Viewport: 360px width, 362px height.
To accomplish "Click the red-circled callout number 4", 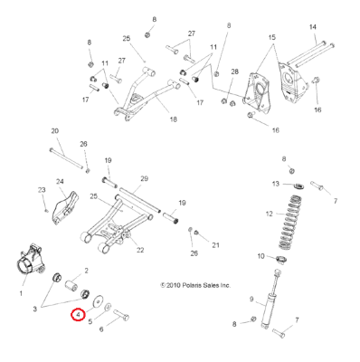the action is [x=78, y=315].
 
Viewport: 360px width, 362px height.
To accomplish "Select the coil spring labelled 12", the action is [x=289, y=223].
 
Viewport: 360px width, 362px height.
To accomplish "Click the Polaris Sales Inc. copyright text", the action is [x=195, y=285].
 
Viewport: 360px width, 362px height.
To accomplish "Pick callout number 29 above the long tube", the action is [x=144, y=178].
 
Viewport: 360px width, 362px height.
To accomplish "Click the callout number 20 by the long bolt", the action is [x=55, y=131].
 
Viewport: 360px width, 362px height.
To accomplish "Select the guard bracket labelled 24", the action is [x=66, y=208].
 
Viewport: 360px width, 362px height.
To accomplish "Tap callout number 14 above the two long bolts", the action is [x=313, y=27].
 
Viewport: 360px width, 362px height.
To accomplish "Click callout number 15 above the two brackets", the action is [x=272, y=37].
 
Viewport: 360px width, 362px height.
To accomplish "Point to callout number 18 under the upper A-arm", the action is [x=173, y=119].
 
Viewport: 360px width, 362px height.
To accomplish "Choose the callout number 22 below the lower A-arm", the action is [x=140, y=250].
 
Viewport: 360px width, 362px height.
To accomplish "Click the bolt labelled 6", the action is [x=121, y=316].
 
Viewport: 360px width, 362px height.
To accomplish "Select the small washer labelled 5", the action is [x=107, y=308].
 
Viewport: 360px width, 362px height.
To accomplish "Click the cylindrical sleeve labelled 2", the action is [x=72, y=285].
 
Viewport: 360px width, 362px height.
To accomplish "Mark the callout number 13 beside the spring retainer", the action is [x=276, y=184].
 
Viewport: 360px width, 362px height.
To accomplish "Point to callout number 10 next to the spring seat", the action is [x=261, y=256].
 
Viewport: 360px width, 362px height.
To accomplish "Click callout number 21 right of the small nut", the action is [x=215, y=245].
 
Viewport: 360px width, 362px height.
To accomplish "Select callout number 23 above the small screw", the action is [x=42, y=190].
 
